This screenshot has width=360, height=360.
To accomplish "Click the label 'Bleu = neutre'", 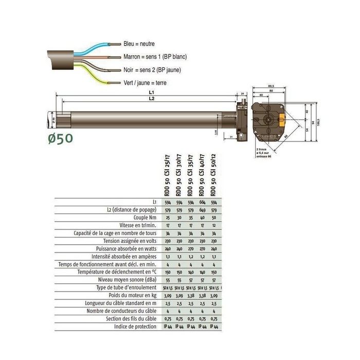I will tap(139, 44).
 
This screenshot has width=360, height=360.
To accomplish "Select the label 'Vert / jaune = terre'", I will tap(145, 83).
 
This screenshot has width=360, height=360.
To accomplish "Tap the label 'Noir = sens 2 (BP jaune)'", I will tap(152, 70).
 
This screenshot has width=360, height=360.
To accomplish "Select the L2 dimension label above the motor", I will tap(150, 98).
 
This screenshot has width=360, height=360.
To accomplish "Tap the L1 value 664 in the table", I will tap(202, 202).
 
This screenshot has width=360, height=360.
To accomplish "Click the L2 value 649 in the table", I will tap(202, 210).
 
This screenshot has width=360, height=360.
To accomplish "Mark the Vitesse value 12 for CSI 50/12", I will tap(214, 225).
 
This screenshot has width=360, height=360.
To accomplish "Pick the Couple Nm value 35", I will tap(190, 218).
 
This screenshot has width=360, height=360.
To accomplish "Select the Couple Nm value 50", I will tap(214, 218).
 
